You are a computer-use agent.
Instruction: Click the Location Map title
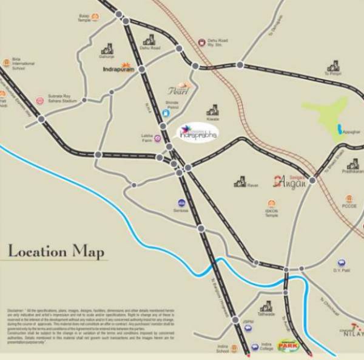coord(56,251)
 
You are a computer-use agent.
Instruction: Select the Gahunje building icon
coord(107,48)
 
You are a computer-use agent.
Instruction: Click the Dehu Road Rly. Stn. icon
coord(201,42)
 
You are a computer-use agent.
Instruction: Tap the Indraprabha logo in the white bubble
coord(198,133)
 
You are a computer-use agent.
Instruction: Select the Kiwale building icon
coord(212,110)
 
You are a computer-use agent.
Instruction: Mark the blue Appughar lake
coord(339,129)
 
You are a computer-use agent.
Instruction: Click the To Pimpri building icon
coord(333,66)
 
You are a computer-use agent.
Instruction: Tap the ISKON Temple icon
coord(271,204)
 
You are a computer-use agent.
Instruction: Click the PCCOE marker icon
coord(349,199)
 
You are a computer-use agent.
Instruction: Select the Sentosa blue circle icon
coord(181,203)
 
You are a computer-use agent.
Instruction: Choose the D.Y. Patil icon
coord(342,263)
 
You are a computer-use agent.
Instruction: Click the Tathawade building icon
coord(266,307)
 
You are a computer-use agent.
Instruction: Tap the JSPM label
coord(248,322)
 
